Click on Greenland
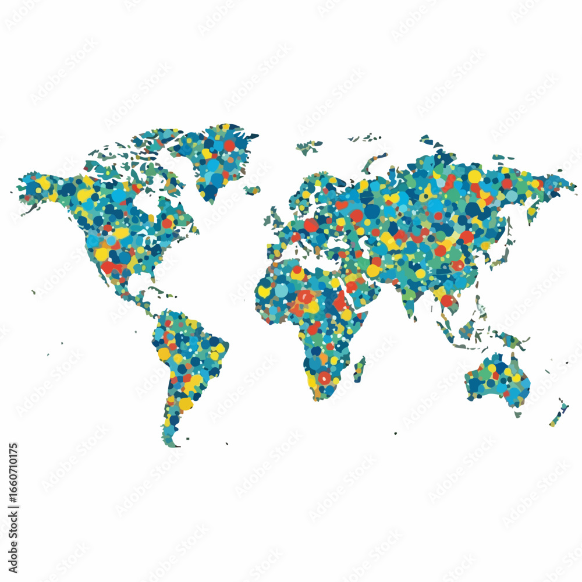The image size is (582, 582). [x=218, y=157]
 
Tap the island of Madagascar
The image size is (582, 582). [x=360, y=369]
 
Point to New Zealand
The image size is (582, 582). [x=559, y=414]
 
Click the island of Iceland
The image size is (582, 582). [x=252, y=190]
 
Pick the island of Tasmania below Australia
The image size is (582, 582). [x=517, y=414]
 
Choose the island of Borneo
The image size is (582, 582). [x=467, y=329]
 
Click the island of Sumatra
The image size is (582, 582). [x=446, y=332]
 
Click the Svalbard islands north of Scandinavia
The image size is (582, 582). [x=308, y=145]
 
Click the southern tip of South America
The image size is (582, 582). [x=171, y=442]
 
